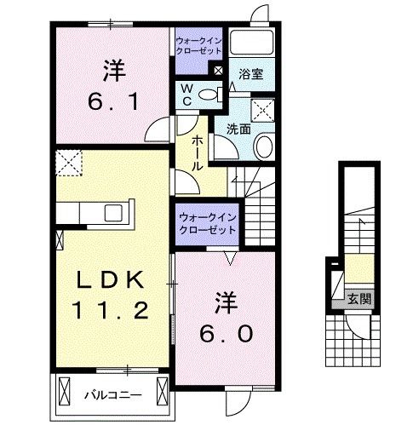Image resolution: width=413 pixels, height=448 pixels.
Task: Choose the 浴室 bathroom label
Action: (250, 75)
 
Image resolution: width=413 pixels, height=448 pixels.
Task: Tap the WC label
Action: (186, 95)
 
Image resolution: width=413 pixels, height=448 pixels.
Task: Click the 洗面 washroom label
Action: (238, 129)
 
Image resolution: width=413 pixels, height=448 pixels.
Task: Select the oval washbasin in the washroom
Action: (263, 146)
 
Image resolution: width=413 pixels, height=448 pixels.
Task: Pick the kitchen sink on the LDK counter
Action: (112, 212)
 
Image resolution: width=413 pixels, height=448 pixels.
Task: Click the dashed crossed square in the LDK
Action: (67, 160)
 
